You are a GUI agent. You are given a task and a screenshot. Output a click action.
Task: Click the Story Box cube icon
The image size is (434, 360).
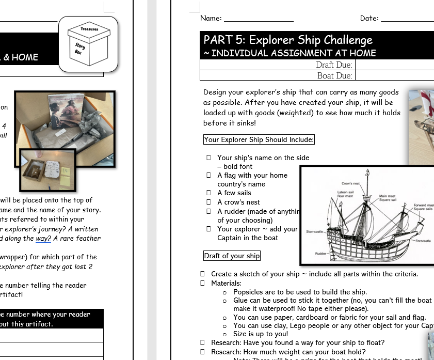click(88, 44)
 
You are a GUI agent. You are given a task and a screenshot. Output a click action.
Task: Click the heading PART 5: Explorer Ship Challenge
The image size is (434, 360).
click(288, 40)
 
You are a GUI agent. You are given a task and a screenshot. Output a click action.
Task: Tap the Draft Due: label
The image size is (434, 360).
click(334, 65)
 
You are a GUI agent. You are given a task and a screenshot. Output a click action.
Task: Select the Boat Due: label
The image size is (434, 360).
click(335, 75)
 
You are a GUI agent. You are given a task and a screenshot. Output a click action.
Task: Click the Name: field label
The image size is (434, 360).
click(211, 18)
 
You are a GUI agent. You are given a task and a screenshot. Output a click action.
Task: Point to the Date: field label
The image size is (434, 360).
click(369, 18)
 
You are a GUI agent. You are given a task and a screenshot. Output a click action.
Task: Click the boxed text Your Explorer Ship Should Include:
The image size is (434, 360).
click(259, 139)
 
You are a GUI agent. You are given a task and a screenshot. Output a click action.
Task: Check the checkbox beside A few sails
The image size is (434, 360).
click(208, 193)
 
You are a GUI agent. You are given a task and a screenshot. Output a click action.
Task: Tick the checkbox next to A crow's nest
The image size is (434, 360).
click(208, 202)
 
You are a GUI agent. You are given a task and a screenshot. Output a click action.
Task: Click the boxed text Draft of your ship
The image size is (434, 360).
click(232, 256)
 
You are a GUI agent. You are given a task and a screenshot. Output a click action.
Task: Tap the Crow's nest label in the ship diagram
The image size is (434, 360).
click(350, 183)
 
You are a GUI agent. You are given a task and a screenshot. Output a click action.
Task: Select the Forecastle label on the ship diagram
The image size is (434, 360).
click(422, 241)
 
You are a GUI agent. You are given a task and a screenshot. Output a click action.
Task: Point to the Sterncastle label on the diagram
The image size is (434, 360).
click(315, 231)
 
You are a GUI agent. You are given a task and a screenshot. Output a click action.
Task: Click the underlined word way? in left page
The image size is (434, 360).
click(43, 238)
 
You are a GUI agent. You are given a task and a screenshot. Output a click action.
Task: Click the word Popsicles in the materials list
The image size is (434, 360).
click(250, 292)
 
